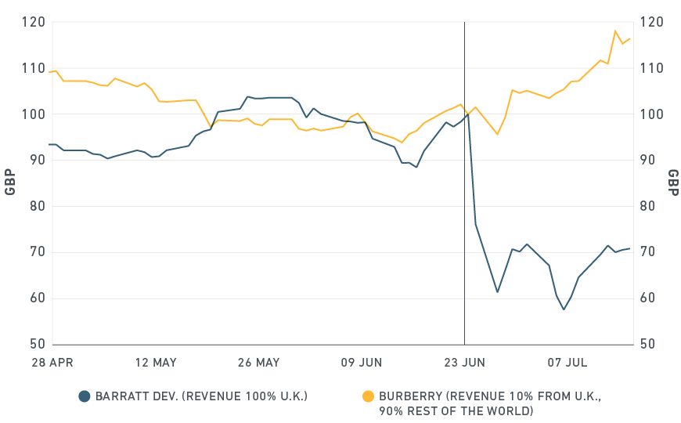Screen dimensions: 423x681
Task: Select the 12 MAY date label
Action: pos(155,363)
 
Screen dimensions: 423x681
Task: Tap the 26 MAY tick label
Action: pos(258,363)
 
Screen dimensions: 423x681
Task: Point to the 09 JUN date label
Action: pos(361,363)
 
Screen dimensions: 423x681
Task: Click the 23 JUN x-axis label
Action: pos(464,363)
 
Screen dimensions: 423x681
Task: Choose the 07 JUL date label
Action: pos(567,363)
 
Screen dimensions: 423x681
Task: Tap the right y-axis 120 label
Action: pos(651,22)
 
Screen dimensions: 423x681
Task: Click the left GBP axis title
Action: pos(10,183)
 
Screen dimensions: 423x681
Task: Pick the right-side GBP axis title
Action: pos(672,183)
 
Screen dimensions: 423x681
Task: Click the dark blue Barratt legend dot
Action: pos(85,396)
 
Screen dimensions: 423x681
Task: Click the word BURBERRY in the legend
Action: pos(409,396)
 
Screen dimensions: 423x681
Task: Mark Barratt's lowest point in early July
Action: pos(563,309)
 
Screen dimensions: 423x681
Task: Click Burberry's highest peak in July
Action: pos(615,31)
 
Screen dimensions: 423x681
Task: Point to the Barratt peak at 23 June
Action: pos(468,114)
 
